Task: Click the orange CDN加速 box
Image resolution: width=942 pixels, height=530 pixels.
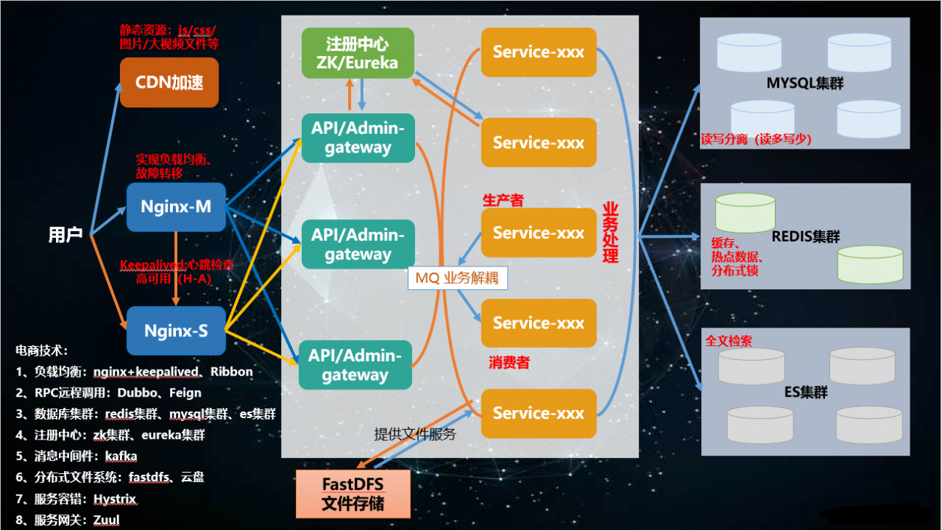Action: tap(169, 82)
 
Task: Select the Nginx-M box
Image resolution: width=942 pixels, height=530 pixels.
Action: tap(177, 207)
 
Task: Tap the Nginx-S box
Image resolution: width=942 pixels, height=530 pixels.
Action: tap(177, 331)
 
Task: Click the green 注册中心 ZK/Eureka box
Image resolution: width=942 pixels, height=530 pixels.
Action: tap(358, 53)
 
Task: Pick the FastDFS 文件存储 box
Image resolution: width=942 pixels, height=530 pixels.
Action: tap(353, 494)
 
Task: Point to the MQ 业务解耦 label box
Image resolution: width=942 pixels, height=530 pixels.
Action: tap(457, 278)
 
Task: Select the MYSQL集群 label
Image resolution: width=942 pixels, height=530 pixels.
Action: tap(804, 82)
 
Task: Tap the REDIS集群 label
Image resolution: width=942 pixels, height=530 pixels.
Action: tap(806, 237)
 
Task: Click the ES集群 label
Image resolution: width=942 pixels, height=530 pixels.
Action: tap(806, 392)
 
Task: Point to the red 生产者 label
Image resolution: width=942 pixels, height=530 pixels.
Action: tap(503, 199)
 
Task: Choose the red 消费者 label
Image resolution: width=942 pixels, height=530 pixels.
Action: tap(509, 362)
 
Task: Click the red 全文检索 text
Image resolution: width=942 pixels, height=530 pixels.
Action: tap(729, 342)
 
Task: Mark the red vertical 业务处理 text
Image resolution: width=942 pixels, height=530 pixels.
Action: tap(611, 233)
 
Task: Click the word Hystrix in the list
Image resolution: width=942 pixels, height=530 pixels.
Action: tap(115, 499)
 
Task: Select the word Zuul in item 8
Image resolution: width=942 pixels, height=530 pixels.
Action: tap(107, 520)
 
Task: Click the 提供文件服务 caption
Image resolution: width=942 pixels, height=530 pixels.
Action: tap(415, 434)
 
